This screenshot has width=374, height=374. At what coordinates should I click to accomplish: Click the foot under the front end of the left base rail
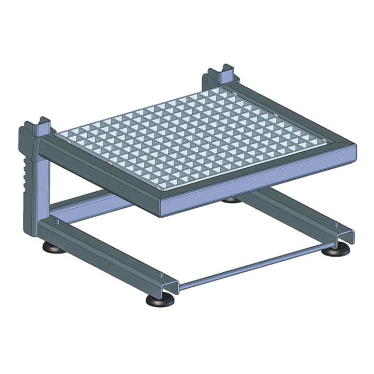point(159,300)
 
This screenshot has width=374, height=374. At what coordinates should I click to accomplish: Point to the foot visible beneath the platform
point(231,200)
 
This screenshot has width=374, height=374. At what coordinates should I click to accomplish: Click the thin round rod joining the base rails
point(255,265)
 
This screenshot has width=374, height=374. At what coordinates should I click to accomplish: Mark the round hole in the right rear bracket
point(206,79)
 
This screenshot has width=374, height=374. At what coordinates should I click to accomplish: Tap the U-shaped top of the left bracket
point(42,125)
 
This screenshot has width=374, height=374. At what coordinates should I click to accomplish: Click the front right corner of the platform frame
point(355,152)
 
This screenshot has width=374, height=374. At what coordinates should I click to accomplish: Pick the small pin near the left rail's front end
point(160,275)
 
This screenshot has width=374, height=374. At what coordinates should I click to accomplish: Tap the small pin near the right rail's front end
point(336,224)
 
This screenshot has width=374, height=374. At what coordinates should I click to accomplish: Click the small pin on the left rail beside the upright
point(57,221)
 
